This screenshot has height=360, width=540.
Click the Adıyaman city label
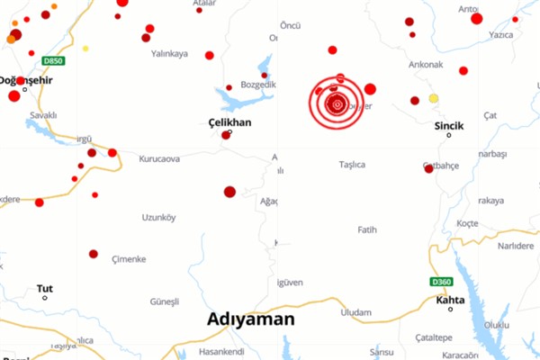click(250, 319)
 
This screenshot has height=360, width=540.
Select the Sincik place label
click(448, 125)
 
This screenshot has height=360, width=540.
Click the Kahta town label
click(450, 300)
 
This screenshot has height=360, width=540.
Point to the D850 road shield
click(53, 61)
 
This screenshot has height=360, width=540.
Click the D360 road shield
click(440, 282)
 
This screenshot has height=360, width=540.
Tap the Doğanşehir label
click(26, 80)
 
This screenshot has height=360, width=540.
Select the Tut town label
click(44, 289)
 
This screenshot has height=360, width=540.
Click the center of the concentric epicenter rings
click(337, 104)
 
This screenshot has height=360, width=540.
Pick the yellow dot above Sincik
click(433, 98)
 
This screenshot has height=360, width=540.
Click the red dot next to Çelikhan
click(226, 135)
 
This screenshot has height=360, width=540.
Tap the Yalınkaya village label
click(169, 54)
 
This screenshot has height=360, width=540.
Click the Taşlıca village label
click(351, 165)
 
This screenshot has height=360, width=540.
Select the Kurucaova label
click(159, 158)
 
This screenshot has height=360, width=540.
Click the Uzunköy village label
click(158, 217)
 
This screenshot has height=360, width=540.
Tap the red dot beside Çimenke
click(94, 254)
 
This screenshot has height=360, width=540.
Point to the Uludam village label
click(356, 312)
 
